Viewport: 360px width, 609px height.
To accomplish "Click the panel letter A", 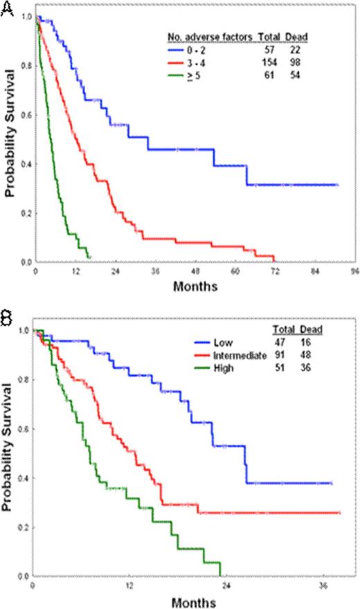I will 8,10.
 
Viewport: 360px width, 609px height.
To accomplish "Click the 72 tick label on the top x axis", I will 275,271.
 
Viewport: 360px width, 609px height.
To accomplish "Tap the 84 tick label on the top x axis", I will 314,271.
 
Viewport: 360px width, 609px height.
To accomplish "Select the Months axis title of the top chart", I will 195,284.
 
